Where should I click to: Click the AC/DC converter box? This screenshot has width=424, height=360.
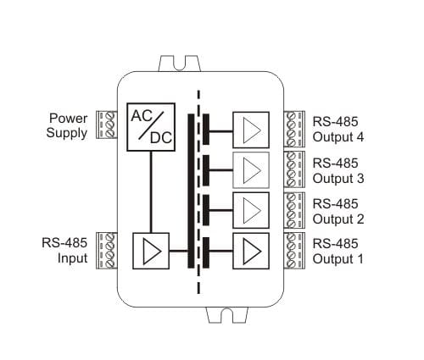(151, 127)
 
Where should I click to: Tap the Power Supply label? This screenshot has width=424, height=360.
(67, 125)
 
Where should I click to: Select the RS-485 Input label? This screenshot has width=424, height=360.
(64, 251)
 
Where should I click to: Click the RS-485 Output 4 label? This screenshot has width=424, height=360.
(338, 130)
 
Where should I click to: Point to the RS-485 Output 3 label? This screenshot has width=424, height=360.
(338, 171)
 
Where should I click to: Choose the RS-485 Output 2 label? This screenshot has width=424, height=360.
(338, 212)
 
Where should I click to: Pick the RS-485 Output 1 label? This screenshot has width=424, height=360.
(338, 252)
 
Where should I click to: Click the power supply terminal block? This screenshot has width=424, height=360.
(107, 125)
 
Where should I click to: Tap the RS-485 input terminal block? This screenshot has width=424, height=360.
(107, 251)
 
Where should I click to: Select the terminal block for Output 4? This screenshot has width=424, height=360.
(294, 129)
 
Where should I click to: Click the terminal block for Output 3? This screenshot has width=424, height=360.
(294, 169)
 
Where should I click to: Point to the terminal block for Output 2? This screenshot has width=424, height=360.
(294, 210)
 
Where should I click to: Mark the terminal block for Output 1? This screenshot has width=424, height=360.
(294, 251)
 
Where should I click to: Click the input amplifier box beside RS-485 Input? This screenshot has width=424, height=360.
(151, 251)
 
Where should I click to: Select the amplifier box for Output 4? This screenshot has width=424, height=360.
(251, 130)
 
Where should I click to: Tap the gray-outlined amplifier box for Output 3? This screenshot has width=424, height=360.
(251, 170)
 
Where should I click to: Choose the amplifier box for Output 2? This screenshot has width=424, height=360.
(251, 210)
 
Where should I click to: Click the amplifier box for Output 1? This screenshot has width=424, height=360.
(251, 251)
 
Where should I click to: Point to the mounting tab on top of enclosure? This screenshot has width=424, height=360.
(180, 64)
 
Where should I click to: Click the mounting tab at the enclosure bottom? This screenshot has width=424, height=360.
(227, 315)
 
